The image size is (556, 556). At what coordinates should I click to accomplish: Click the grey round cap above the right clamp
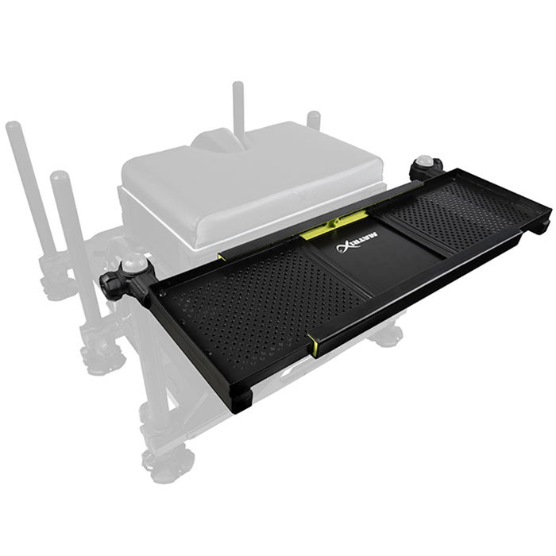[426, 160]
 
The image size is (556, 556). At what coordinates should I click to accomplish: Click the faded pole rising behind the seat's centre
[238, 103]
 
